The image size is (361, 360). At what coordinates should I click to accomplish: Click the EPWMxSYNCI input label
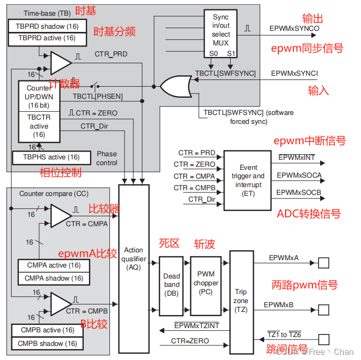[x=295, y=74]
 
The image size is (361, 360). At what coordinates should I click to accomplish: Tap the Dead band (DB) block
[x=171, y=285]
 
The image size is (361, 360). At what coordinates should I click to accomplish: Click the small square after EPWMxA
[x=324, y=263]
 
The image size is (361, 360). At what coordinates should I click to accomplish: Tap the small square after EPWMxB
[x=324, y=310]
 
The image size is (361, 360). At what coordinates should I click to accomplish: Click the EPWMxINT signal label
[x=297, y=158]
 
